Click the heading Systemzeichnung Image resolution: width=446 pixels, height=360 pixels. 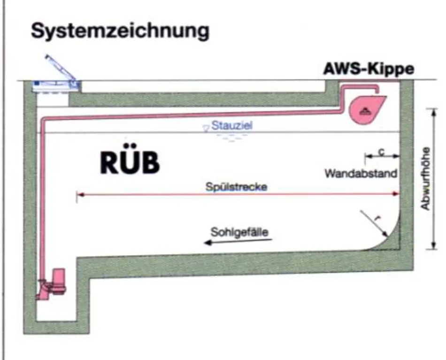tap(120, 31)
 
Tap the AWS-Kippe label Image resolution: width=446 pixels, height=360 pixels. tap(369, 69)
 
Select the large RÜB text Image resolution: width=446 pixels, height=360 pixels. tap(130, 163)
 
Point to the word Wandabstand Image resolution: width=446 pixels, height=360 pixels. tap(361, 173)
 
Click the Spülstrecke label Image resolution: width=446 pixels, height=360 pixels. tap(237, 186)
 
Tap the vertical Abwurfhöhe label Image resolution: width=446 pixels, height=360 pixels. tap(426, 178)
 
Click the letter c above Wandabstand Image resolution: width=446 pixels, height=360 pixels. tap(382, 152)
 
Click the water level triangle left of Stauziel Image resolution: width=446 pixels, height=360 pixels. tap(205, 128)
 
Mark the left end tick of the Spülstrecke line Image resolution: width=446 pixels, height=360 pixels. tap(77, 195)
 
